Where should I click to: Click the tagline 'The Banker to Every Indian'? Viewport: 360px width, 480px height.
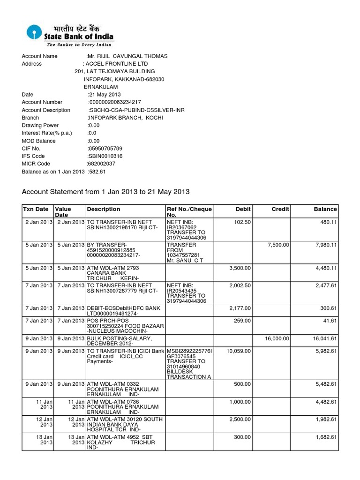coord(78,45)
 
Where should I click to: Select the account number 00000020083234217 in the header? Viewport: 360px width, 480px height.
coord(115,102)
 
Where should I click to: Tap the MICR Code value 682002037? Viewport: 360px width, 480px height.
coord(101,164)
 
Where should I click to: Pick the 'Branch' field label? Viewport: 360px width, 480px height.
coord(30,118)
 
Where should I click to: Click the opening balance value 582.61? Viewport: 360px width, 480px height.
coord(97,172)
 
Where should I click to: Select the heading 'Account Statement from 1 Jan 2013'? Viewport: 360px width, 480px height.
coord(105,192)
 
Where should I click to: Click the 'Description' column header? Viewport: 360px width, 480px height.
coord(103,209)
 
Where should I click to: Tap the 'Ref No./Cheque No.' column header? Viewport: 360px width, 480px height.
coord(189,212)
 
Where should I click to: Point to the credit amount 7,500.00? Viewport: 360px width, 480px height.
coord(278,245)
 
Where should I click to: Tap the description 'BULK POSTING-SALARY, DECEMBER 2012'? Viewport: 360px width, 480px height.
coord(120,341)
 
